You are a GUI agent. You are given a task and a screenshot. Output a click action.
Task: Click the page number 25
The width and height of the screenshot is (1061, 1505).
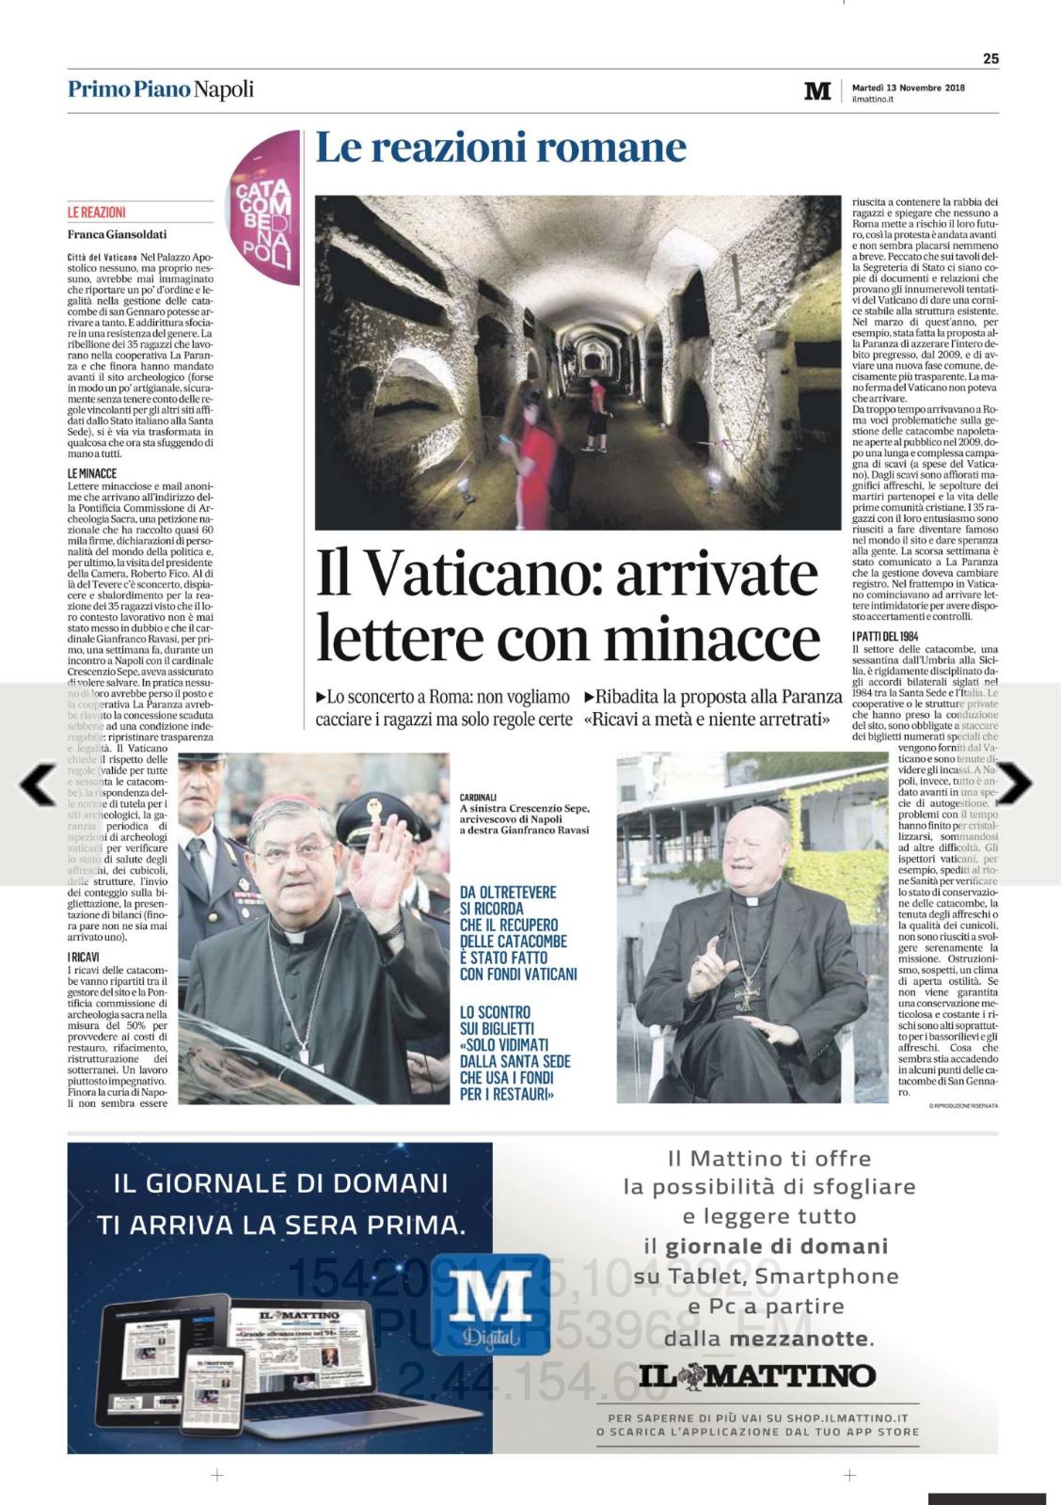[x=990, y=58]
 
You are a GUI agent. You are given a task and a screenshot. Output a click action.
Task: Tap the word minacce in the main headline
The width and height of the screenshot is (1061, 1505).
[x=712, y=639]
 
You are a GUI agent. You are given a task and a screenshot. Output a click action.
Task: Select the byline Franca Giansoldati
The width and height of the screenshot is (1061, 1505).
[x=117, y=234]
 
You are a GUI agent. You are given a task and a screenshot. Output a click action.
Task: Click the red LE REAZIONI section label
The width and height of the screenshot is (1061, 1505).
[x=97, y=213]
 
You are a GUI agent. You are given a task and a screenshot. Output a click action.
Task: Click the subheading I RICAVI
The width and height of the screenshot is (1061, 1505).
[x=84, y=957]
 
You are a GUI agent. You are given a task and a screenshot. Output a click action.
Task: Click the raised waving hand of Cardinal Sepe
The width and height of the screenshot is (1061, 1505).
[x=377, y=866]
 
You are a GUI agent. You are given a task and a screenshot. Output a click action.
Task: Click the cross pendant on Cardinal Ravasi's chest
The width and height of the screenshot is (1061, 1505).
[x=746, y=992]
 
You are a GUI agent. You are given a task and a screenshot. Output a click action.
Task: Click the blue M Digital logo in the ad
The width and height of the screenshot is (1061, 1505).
[x=491, y=1303]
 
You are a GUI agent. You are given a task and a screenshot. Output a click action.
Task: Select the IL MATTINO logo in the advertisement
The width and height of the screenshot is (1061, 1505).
[x=757, y=1376]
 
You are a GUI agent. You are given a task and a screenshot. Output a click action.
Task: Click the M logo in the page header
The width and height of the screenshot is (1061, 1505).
[x=817, y=91]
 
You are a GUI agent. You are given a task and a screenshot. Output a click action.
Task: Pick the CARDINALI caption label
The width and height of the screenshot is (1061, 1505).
[x=479, y=796]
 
